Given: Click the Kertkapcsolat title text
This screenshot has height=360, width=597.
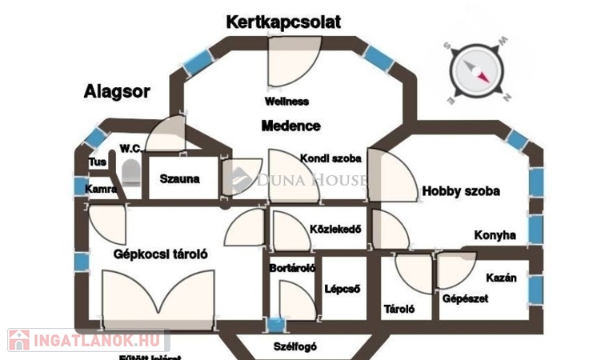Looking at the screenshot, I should (x=282, y=22).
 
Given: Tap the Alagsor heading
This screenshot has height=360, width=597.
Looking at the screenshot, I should (x=117, y=91).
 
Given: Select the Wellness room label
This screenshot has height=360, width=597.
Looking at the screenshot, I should (x=286, y=102).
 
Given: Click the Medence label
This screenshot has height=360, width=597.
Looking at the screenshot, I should (x=290, y=126).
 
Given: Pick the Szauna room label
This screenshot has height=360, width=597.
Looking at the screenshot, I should (x=179, y=179).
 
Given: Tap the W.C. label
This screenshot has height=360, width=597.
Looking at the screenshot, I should (x=130, y=148).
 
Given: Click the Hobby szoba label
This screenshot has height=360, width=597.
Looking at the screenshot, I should (x=461, y=191).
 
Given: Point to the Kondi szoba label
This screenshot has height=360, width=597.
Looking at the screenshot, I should (x=331, y=158).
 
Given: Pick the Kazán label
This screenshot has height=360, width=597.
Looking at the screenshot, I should (x=501, y=278).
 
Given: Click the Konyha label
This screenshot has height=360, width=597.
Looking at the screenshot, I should (x=495, y=235).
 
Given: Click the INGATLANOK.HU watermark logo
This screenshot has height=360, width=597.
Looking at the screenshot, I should (x=85, y=341).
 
